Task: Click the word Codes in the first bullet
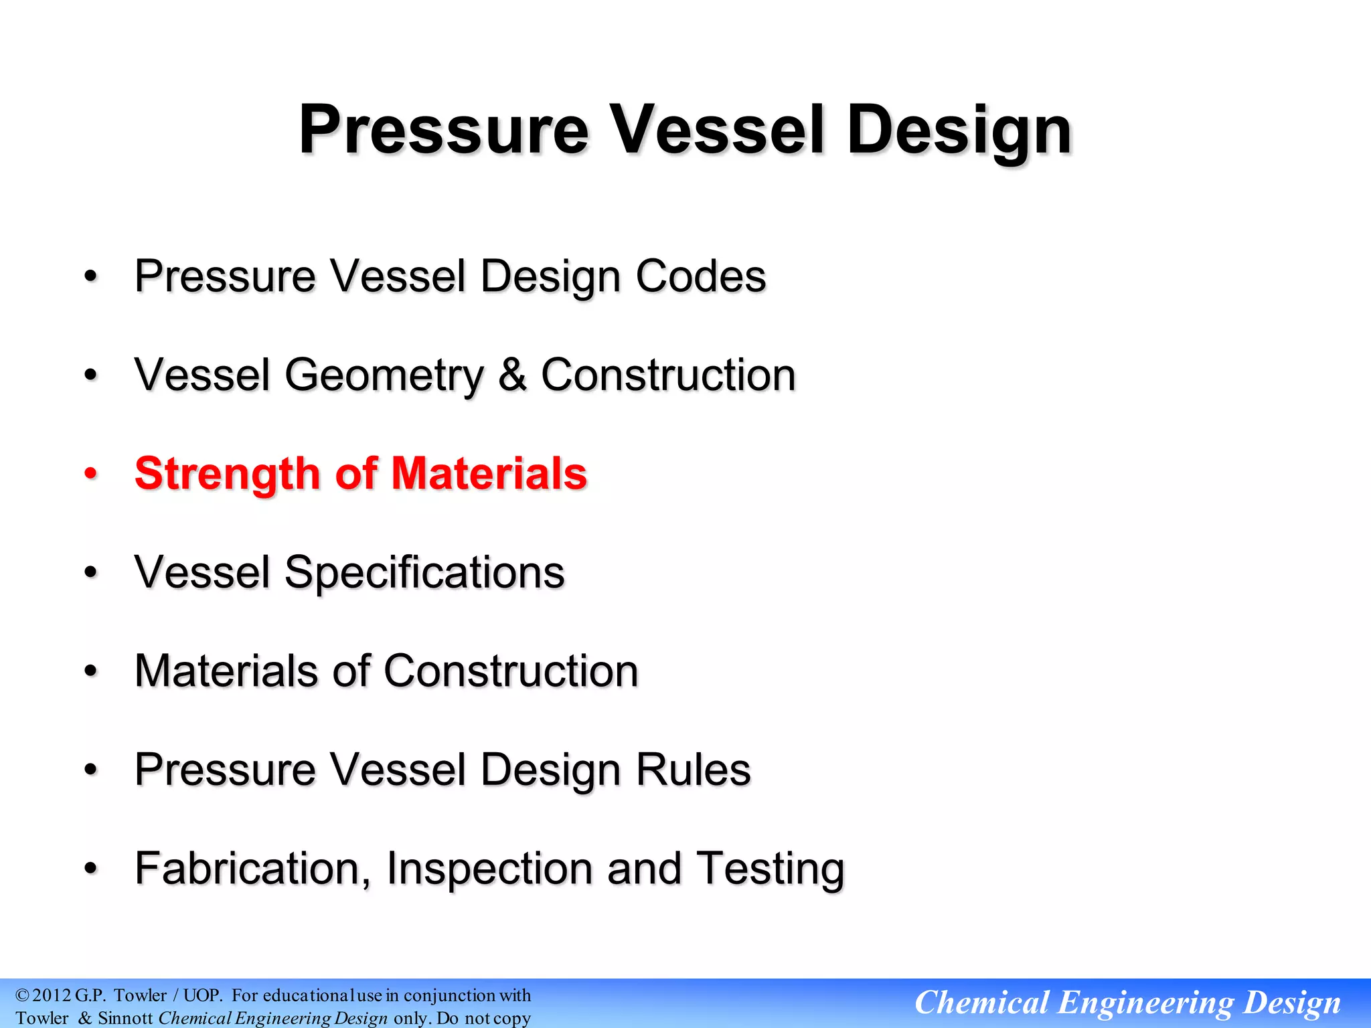700,276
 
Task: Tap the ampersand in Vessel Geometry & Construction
512,375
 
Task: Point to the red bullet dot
91,474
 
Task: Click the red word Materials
489,473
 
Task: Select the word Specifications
424,573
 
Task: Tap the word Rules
693,770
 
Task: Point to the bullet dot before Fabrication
91,869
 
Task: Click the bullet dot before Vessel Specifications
91,572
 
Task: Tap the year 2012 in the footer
52,995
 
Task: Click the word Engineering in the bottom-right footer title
1145,1003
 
